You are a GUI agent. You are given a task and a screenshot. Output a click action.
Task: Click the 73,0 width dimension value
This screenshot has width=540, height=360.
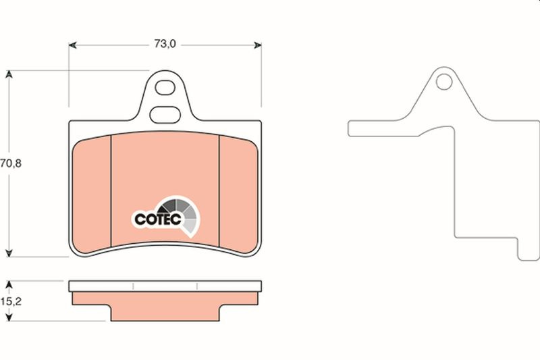pyautogui.click(x=165, y=44)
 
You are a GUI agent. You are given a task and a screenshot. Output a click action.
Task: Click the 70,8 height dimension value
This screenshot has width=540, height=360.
pyautogui.click(x=11, y=163)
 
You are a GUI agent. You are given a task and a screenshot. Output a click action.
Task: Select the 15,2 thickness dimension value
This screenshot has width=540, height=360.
pyautogui.click(x=11, y=301)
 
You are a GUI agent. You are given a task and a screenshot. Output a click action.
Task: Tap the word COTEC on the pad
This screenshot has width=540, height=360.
pyautogui.click(x=157, y=219)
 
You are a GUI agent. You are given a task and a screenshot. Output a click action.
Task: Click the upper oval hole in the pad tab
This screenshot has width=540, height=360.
pyautogui.click(x=165, y=88)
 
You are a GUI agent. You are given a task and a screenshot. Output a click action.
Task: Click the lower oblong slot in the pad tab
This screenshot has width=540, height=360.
pyautogui.click(x=165, y=115)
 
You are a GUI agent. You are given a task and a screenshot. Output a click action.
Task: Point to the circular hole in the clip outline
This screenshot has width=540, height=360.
pyautogui.click(x=444, y=82)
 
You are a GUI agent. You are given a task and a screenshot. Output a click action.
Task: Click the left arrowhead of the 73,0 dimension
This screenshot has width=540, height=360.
pyautogui.click(x=72, y=45)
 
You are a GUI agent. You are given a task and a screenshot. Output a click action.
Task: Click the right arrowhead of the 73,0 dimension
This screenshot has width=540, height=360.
pyautogui.click(x=258, y=45)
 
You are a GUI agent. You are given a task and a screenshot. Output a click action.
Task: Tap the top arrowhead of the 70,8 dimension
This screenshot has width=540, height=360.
pyautogui.click(x=9, y=74)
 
